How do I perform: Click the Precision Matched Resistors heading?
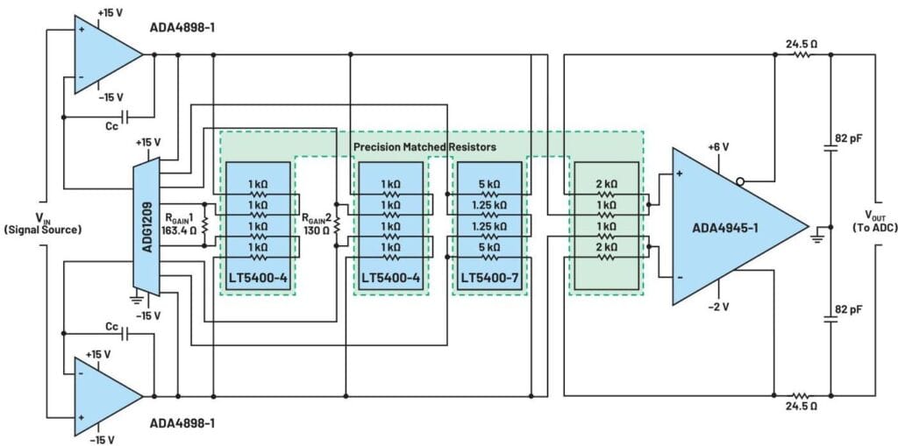pyautogui.click(x=424, y=146)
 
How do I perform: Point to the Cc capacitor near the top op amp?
pyautogui.click(x=125, y=117)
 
